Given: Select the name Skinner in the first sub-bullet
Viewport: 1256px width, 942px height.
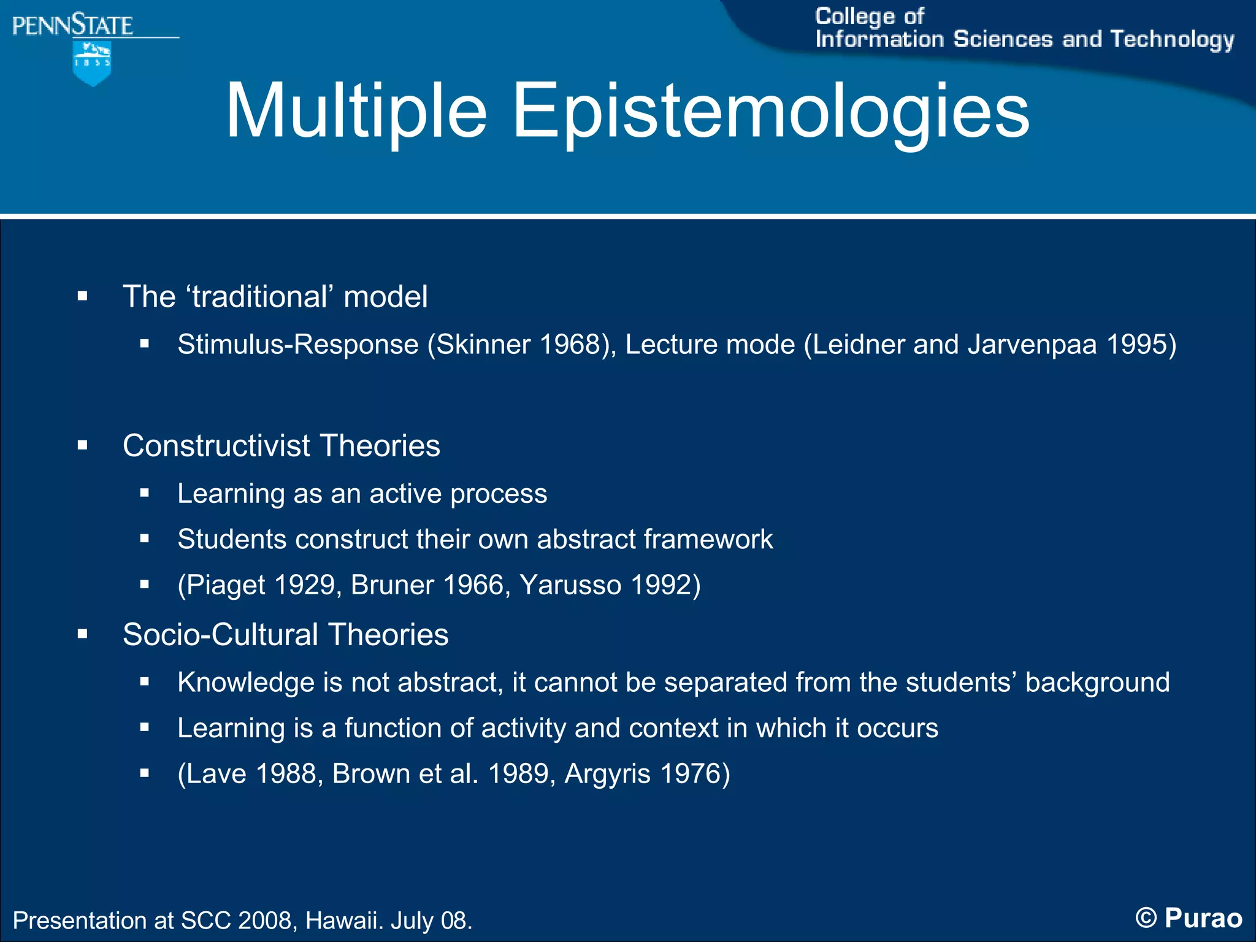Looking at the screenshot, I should pyautogui.click(x=483, y=344).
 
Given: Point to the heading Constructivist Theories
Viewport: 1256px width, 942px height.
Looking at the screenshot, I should pyautogui.click(x=281, y=446).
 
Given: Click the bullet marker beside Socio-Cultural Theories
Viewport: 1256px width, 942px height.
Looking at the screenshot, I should pyautogui.click(x=83, y=635).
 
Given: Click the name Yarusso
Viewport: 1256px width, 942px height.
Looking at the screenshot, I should pyautogui.click(x=570, y=585).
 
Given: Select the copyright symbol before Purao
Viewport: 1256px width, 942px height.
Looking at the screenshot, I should pyautogui.click(x=1146, y=919).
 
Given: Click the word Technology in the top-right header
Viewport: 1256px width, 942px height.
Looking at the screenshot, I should pyautogui.click(x=1172, y=40).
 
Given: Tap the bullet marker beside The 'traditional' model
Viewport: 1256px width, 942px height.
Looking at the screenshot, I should pyautogui.click(x=83, y=297).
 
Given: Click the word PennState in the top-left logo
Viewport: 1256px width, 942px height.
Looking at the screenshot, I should pyautogui.click(x=72, y=26).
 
